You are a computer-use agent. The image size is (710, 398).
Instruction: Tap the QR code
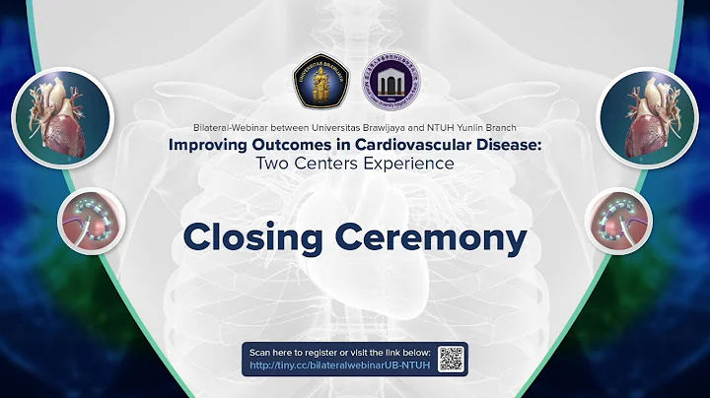[x=451, y=358]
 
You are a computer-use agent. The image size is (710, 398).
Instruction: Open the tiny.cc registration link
[x=340, y=365]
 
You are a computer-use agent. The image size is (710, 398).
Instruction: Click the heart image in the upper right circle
[x=647, y=116]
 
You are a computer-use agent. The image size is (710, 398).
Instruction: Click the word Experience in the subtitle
[x=406, y=164]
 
